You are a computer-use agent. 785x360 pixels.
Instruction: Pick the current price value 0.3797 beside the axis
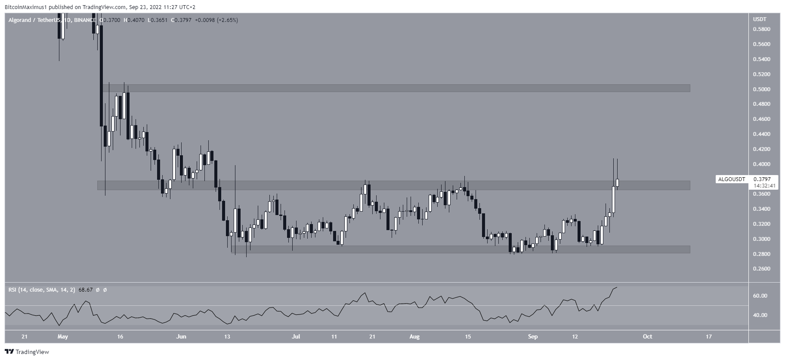click(762, 179)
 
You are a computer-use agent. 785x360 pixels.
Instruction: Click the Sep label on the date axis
click(533, 336)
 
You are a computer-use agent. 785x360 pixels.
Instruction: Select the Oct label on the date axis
click(647, 336)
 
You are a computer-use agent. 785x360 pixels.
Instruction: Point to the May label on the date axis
click(63, 336)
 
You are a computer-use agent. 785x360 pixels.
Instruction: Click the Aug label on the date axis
click(414, 336)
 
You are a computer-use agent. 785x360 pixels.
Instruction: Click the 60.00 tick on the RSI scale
click(760, 296)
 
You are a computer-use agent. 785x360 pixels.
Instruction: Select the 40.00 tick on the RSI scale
click(760, 315)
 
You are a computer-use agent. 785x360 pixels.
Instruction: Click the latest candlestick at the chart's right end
click(618, 183)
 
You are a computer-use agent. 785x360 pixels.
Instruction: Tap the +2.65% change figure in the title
click(229, 20)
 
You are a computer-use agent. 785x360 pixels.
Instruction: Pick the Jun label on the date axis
click(181, 336)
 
